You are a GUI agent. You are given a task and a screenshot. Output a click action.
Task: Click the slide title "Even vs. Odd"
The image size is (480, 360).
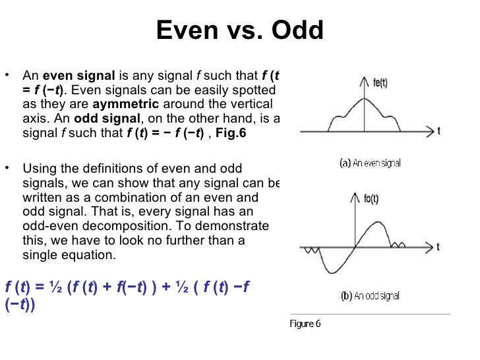pos(240,30)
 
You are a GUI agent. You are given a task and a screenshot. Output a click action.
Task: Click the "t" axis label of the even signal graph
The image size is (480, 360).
pos(438,131)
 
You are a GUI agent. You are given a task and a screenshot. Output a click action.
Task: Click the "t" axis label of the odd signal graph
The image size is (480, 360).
pos(438,249)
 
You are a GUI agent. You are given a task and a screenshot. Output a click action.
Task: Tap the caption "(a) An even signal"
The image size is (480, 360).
pos(371,163)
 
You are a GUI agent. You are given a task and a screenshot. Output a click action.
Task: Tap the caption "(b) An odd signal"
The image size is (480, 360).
pos(371,296)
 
